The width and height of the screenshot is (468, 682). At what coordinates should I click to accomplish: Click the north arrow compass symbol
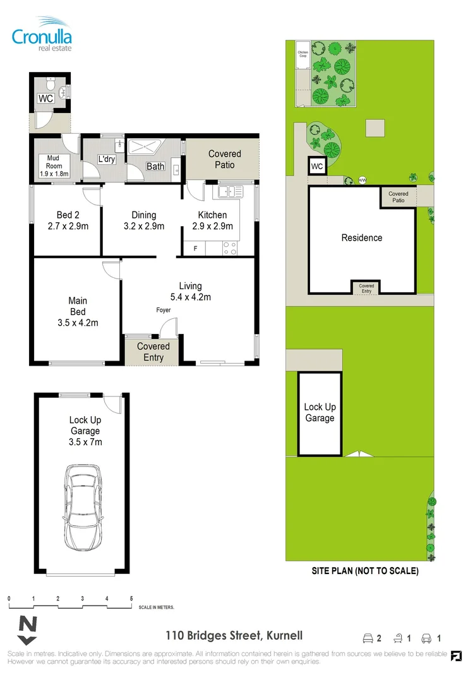coord(27,626)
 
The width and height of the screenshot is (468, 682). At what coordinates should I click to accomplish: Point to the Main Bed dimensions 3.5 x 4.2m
coord(78,323)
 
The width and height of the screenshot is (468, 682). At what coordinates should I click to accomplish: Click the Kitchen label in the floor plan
coord(212,215)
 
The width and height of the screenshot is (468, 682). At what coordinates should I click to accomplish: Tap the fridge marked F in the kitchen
coord(195,249)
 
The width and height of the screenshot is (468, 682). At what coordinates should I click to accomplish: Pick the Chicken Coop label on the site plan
coord(303,55)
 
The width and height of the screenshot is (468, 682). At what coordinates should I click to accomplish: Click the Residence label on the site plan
coord(362,238)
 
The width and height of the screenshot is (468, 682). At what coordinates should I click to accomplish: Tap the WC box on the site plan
coord(317,167)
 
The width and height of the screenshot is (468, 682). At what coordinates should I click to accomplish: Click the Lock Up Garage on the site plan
coord(320,413)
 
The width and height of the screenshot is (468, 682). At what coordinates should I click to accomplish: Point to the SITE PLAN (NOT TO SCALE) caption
coord(365,571)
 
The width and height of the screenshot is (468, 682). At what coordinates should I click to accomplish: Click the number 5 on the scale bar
coord(131,598)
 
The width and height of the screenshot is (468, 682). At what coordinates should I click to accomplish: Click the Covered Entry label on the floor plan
coord(153,352)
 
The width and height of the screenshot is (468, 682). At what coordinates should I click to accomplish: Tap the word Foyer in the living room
coord(164,311)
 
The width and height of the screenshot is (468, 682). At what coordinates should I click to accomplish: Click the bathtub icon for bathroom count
coord(399,638)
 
